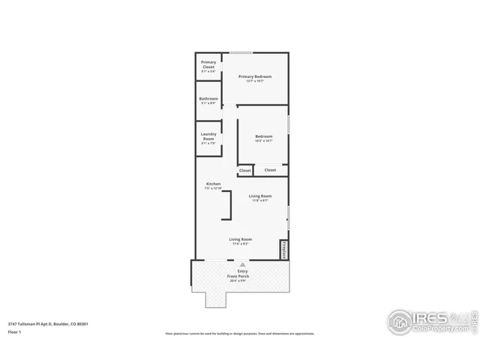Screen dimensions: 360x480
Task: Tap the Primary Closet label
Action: [208, 66]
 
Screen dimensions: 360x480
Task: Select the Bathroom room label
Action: [208, 101]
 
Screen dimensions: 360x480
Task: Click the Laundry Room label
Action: [208, 138]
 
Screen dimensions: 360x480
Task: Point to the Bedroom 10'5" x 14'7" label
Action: [263, 138]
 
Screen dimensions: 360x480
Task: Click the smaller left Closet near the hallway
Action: [244, 171]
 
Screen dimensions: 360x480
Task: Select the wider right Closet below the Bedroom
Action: [270, 170]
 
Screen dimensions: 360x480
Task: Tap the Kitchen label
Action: [214, 186]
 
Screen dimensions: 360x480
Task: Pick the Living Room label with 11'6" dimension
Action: [260, 198]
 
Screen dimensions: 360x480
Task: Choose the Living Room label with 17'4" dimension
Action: [240, 241]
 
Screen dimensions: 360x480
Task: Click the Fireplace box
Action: [284, 250]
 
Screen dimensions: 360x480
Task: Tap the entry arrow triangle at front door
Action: [241, 265]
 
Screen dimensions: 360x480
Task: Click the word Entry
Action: [241, 271]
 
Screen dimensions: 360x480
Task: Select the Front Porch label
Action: [238, 278]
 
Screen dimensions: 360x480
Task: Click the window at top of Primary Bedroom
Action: [241, 52]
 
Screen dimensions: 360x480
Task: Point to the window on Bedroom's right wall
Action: [289, 124]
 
